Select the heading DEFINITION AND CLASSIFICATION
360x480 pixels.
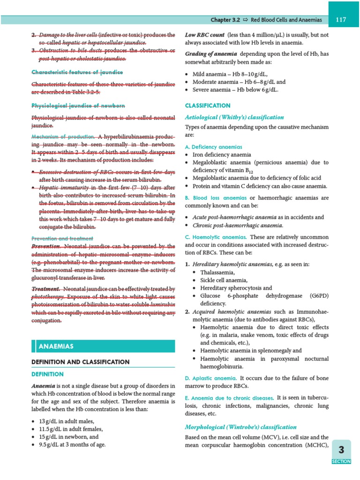click(x=80, y=362)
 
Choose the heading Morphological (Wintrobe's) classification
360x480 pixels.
click(x=241, y=427)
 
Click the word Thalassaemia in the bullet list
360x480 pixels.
click(x=217, y=272)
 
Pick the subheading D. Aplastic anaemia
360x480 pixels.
click(x=210, y=378)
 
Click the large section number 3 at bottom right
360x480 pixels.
click(x=341, y=450)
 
